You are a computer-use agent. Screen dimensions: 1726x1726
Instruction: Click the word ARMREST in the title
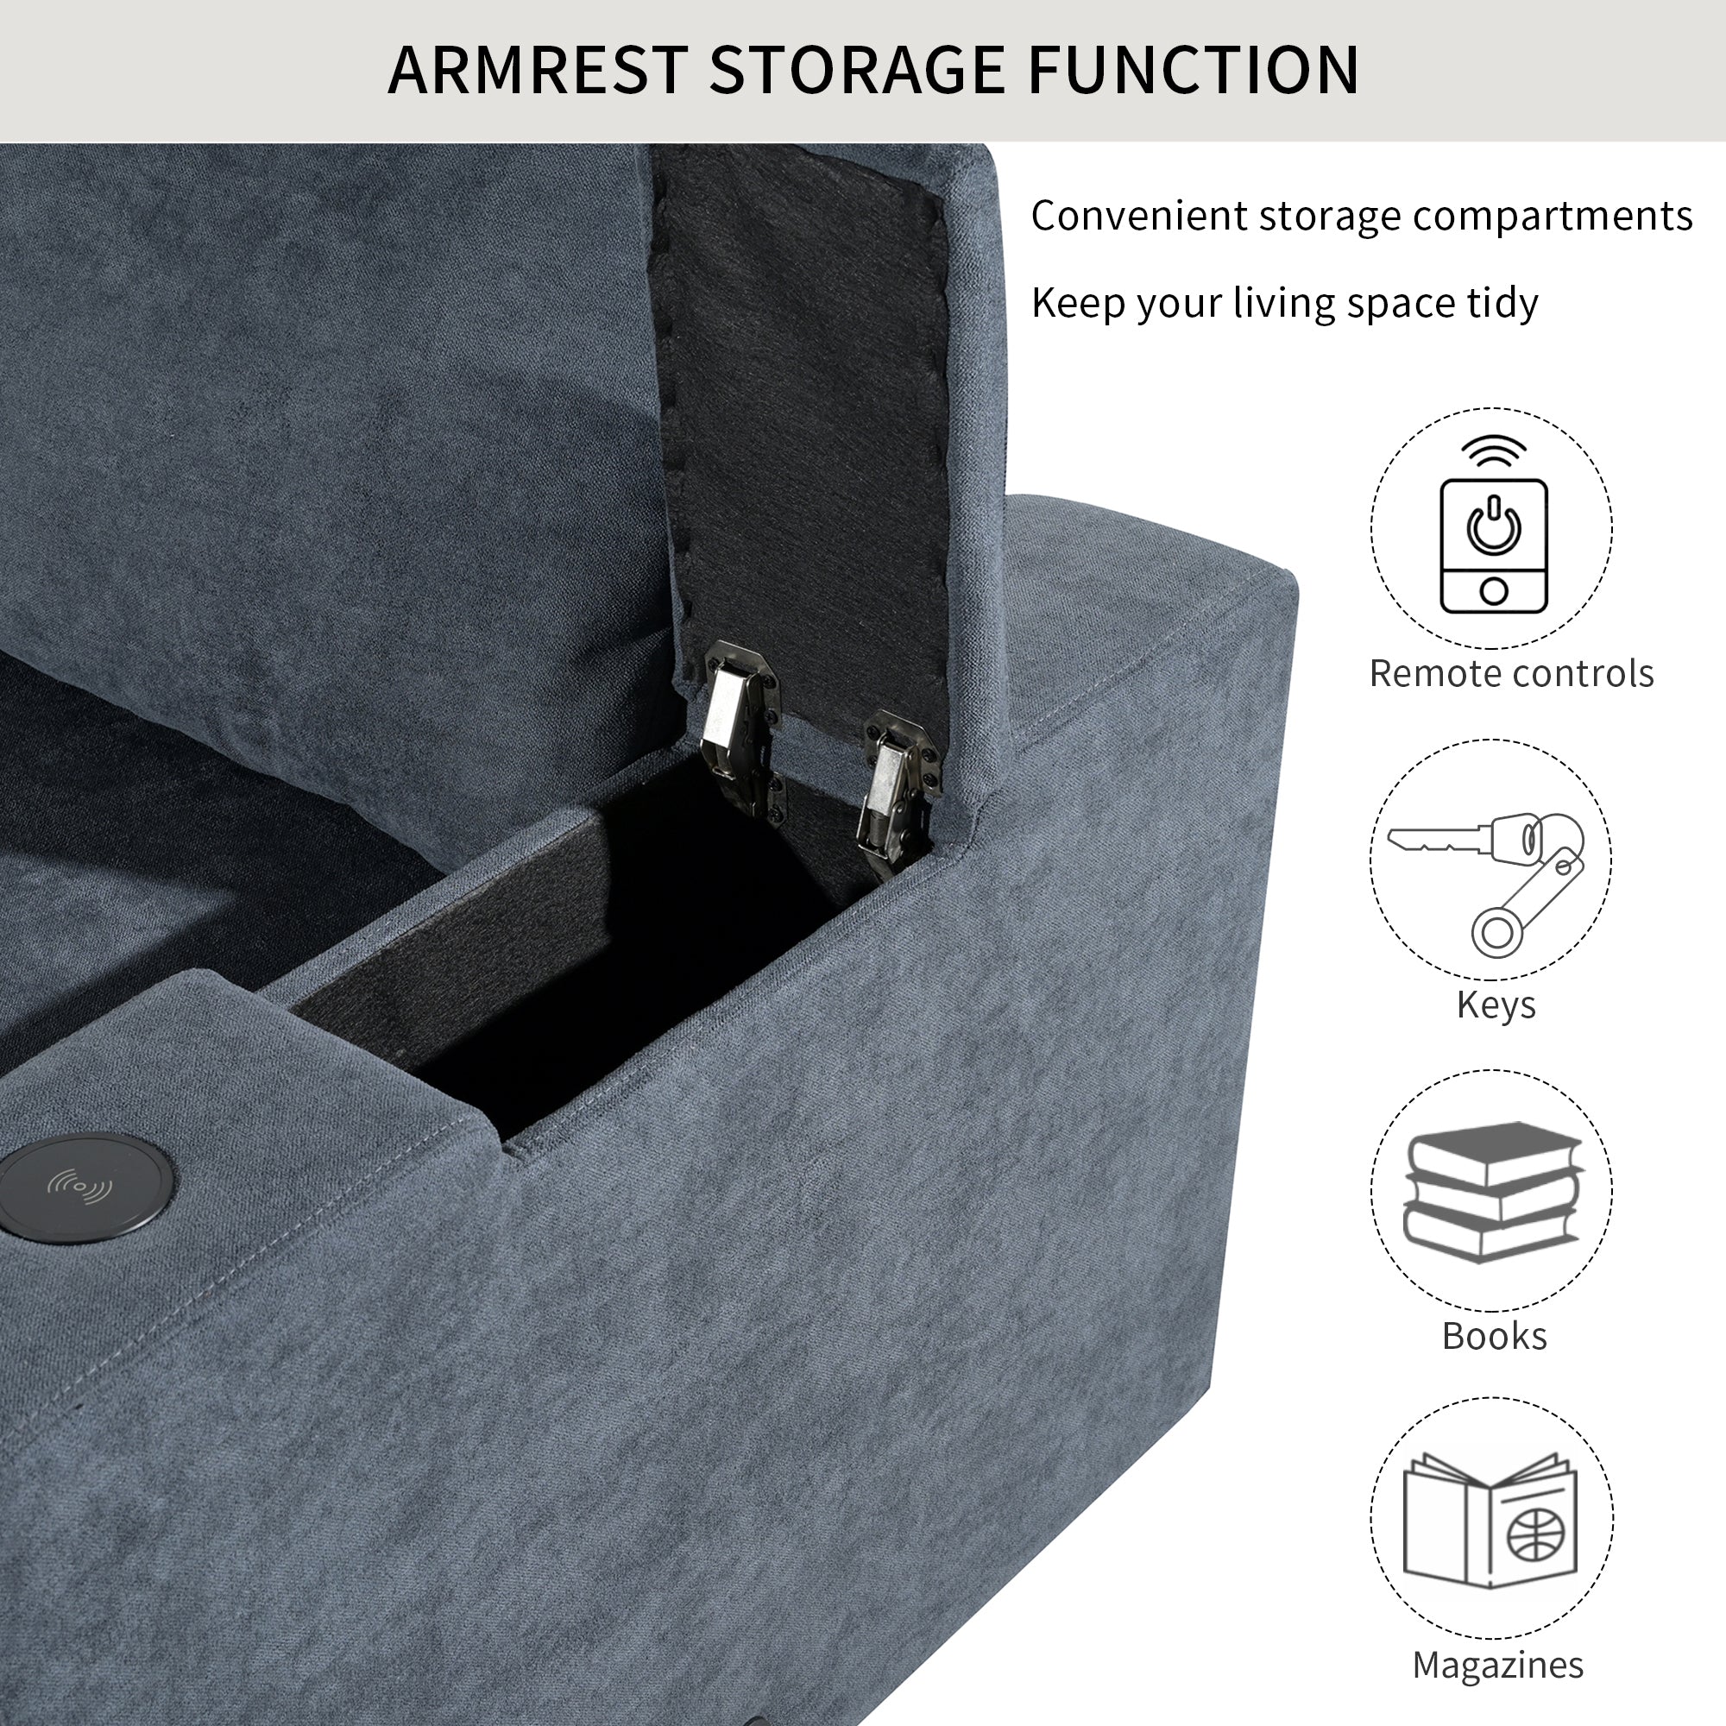[x=538, y=69]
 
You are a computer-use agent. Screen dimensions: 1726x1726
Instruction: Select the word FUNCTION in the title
[x=1194, y=69]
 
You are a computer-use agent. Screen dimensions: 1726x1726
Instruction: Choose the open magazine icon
[x=1491, y=1521]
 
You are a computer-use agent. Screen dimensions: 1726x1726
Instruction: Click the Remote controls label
[x=1512, y=674]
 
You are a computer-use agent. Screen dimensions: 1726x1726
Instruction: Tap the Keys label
[x=1496, y=1005]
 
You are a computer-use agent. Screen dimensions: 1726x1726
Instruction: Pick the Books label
[x=1495, y=1336]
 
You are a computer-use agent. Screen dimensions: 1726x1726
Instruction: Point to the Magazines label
[x=1498, y=1666]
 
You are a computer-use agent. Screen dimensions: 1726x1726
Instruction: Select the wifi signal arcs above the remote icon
[x=1494, y=451]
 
